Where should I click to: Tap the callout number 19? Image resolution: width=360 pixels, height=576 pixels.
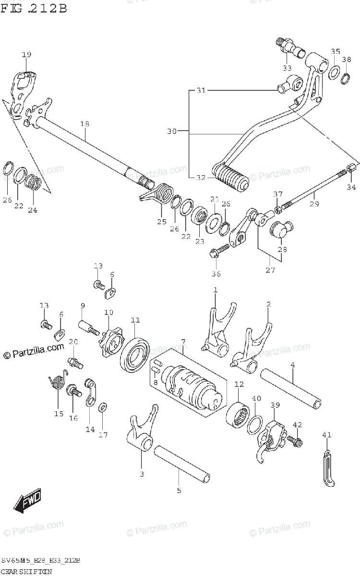(x=26, y=55)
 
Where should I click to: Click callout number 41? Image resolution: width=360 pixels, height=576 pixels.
(x=327, y=435)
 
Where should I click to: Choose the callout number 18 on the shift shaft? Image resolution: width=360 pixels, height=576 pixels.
(x=85, y=124)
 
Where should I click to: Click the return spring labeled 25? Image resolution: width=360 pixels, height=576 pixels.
(x=160, y=197)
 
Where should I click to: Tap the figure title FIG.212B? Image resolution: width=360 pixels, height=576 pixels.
(x=33, y=8)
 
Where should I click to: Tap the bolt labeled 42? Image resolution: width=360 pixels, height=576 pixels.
(x=293, y=439)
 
